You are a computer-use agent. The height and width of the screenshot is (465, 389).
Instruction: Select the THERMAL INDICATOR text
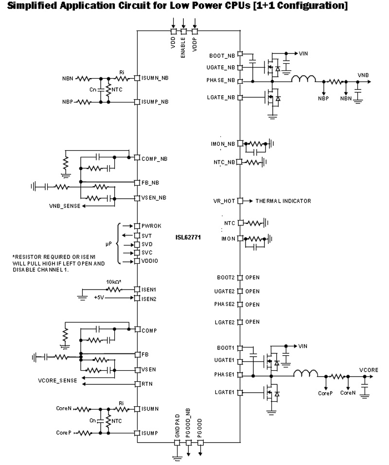(283, 201)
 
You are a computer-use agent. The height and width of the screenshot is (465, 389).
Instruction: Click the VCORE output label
(369, 369)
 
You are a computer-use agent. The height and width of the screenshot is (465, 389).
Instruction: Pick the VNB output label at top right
(363, 75)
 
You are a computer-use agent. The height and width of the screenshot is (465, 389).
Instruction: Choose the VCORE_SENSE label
(57, 380)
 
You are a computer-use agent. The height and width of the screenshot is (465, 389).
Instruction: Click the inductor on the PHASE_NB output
(304, 78)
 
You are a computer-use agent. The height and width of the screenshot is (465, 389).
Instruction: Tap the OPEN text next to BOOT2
(252, 277)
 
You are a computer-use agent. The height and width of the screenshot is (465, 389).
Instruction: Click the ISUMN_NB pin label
(155, 78)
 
